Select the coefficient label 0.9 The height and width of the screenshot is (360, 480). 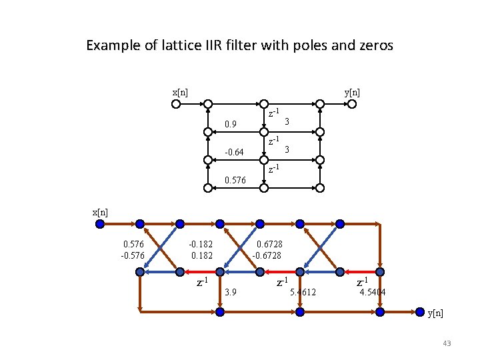pyautogui.click(x=231, y=124)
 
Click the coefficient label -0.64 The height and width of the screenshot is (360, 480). pyautogui.click(x=234, y=153)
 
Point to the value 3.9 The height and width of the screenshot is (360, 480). pyautogui.click(x=231, y=292)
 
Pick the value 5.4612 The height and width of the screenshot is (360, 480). pyautogui.click(x=304, y=292)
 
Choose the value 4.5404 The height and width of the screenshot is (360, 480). pyautogui.click(x=372, y=292)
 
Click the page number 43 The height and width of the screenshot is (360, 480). pyautogui.click(x=447, y=343)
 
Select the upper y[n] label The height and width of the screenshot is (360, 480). pyautogui.click(x=352, y=92)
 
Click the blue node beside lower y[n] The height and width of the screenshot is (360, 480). pyautogui.click(x=419, y=311)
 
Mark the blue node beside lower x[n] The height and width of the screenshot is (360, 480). pyautogui.click(x=100, y=224)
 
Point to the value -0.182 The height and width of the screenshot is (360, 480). pyautogui.click(x=201, y=245)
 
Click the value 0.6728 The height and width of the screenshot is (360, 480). pyautogui.click(x=267, y=245)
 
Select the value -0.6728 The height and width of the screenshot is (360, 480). pyautogui.click(x=267, y=255)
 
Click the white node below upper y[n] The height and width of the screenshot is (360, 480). pyautogui.click(x=320, y=104)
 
